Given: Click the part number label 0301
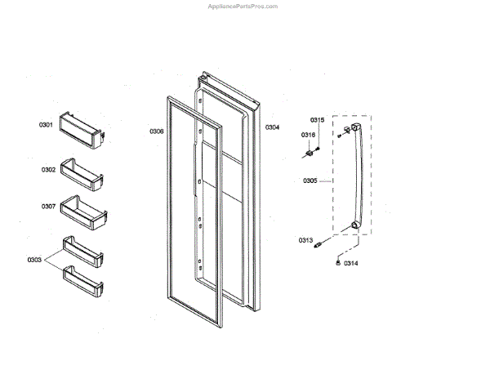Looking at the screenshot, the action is (x=46, y=125).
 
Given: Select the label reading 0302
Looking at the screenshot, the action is (x=49, y=170).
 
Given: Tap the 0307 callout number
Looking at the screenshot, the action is (x=49, y=207).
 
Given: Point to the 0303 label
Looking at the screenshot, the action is (x=34, y=259).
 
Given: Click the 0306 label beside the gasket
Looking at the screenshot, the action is (x=156, y=132).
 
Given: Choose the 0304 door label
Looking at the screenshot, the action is (x=272, y=127).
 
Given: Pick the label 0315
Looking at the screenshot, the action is (x=317, y=120).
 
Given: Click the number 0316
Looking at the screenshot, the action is (x=308, y=134).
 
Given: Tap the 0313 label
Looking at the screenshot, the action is (x=306, y=240).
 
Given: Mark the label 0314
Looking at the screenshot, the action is (x=350, y=263).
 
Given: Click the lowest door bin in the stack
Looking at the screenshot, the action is (x=85, y=282).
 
